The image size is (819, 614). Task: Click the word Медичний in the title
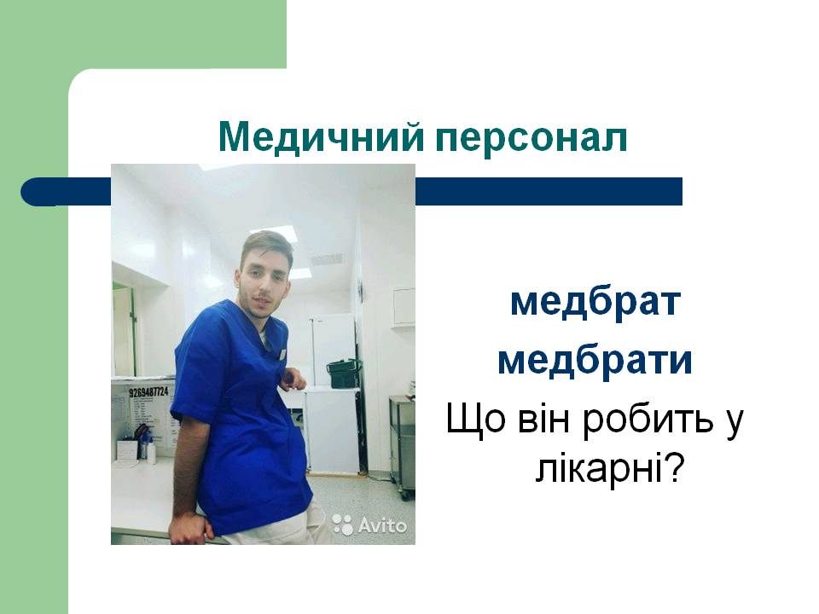(321, 136)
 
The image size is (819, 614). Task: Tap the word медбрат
(595, 302)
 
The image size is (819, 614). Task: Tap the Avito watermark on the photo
(369, 524)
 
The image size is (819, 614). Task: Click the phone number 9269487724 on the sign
(148, 391)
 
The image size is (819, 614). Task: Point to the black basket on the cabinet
(344, 373)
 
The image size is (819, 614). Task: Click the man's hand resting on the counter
(189, 527)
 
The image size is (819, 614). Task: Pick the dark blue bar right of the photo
(549, 191)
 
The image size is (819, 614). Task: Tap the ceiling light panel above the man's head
(273, 232)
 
